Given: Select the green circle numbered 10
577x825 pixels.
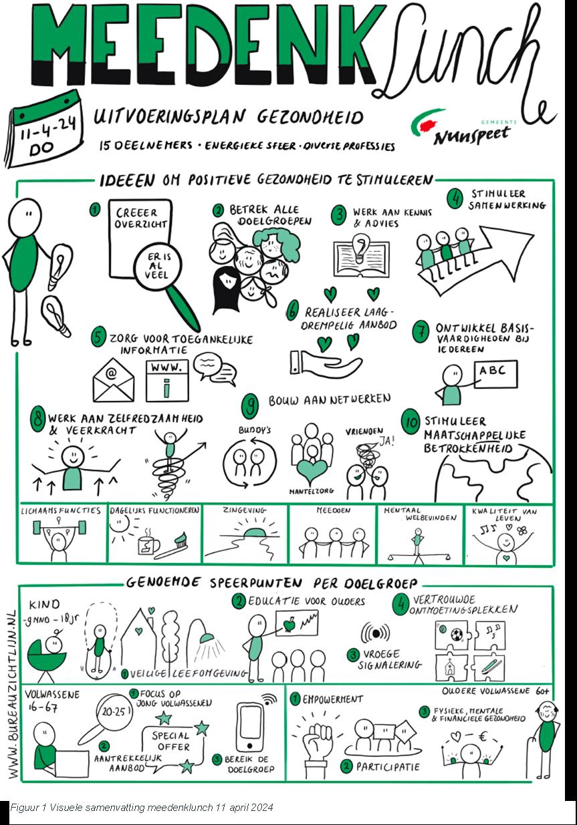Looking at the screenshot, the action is click(x=411, y=422).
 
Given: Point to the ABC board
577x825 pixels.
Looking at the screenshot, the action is click(x=496, y=374).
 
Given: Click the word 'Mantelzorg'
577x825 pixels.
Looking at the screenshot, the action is click(x=312, y=491).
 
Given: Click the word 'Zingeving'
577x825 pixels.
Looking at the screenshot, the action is click(x=244, y=510).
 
